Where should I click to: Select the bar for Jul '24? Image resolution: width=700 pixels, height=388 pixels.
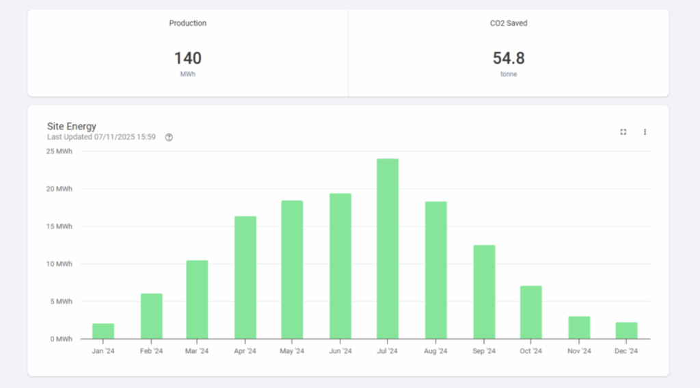388,248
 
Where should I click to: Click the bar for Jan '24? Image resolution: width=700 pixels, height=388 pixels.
103,331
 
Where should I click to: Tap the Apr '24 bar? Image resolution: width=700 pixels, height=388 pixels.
245,278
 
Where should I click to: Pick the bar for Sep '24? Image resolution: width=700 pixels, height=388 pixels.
485,292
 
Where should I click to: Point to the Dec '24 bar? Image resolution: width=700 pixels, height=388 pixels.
626,331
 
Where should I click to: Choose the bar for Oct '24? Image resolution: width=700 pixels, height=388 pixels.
530,313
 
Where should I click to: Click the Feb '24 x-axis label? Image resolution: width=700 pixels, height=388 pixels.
151,351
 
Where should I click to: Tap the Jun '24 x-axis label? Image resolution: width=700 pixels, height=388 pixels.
340,351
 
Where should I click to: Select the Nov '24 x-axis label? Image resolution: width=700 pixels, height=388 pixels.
579,351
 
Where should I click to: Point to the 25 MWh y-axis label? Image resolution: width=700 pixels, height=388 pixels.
59,151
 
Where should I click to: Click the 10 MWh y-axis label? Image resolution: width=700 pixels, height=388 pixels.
59,263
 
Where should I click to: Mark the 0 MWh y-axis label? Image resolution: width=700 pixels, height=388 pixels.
61,339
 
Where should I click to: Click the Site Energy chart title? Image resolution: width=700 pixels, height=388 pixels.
72,127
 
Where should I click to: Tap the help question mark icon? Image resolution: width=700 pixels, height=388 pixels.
169,138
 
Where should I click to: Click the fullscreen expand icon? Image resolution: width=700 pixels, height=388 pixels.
623,132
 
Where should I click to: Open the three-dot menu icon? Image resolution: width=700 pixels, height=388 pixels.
645,132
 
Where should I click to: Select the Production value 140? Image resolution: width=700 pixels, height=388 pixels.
187,58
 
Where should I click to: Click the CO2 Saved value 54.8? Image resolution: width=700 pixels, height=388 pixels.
509,58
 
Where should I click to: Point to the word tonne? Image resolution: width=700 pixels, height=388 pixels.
509,74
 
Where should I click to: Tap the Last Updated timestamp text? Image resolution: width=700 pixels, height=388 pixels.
101,137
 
